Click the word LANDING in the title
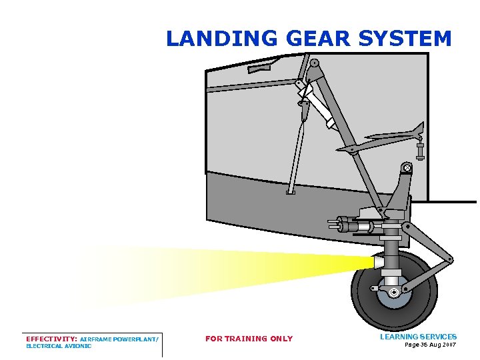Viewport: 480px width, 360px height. click(221, 39)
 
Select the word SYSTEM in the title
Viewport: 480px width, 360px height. click(405, 39)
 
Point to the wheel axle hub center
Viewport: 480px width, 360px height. click(395, 292)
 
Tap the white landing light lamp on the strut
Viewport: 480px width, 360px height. click(379, 263)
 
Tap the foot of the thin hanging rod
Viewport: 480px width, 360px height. click(290, 193)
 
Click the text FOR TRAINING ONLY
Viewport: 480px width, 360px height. click(249, 339)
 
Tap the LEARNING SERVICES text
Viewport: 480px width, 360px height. click(418, 337)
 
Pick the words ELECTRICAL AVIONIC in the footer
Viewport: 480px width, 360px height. click(59, 346)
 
